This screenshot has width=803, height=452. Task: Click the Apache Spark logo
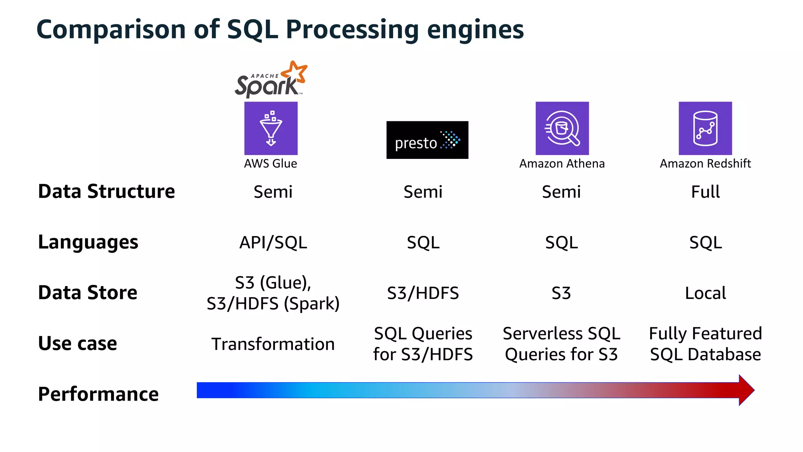pyautogui.click(x=270, y=80)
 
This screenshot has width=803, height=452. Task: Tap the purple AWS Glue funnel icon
pyautogui.click(x=271, y=128)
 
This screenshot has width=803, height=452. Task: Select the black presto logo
pyautogui.click(x=427, y=140)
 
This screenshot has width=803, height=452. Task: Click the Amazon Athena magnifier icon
pyautogui.click(x=562, y=128)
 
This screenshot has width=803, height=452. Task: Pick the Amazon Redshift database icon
pyautogui.click(x=705, y=128)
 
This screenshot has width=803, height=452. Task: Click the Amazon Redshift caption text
pyautogui.click(x=705, y=163)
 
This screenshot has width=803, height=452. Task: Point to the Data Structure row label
pyautogui.click(x=106, y=191)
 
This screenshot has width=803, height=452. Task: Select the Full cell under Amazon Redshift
pyautogui.click(x=705, y=192)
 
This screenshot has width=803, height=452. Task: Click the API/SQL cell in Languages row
pyautogui.click(x=273, y=242)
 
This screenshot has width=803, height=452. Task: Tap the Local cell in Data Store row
pyautogui.click(x=705, y=293)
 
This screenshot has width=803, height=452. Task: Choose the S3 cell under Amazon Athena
pyautogui.click(x=561, y=293)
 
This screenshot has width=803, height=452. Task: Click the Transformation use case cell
pyautogui.click(x=273, y=344)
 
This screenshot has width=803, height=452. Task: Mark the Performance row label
pyautogui.click(x=98, y=394)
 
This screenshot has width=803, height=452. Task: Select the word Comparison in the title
pyautogui.click(x=111, y=30)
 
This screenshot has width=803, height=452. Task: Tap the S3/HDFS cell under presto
pyautogui.click(x=423, y=293)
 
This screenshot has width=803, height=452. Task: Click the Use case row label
pyautogui.click(x=77, y=343)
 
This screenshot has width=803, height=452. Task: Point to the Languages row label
pyautogui.click(x=88, y=242)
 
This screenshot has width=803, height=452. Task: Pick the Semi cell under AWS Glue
pyautogui.click(x=273, y=192)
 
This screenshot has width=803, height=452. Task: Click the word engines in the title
pyautogui.click(x=475, y=30)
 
